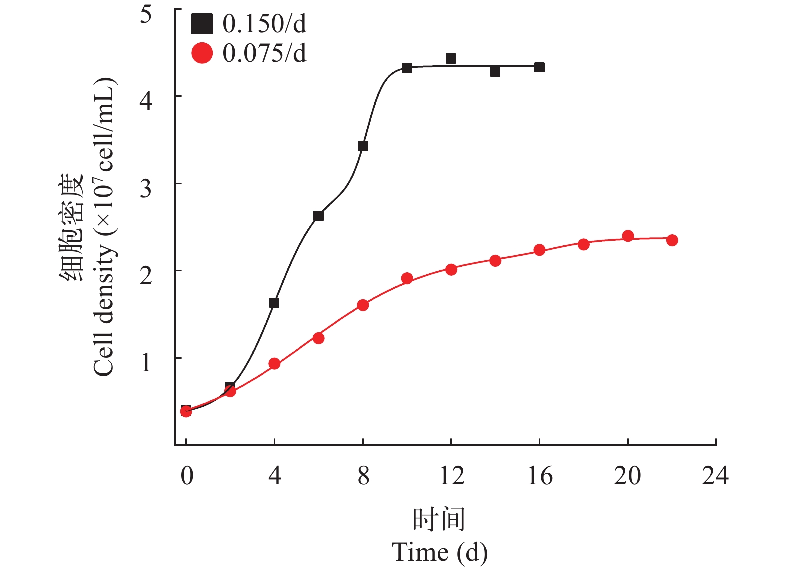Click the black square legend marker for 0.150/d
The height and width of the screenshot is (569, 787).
202,23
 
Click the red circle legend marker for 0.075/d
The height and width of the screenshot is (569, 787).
202,53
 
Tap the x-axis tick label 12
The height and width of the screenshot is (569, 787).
451,475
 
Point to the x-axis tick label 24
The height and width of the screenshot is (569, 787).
715,475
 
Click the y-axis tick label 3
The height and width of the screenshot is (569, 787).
146,188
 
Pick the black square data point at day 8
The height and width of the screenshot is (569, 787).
363,146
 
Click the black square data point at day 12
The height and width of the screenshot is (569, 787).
451,59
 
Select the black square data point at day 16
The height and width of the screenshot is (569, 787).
539,67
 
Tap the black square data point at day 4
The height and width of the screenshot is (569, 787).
274,303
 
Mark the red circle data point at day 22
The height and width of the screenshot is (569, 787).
672,240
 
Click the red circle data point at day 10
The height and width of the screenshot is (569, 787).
407,278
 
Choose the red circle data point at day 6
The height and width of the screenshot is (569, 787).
318,338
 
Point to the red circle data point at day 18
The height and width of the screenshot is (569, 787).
583,244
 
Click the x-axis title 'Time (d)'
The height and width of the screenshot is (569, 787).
440,552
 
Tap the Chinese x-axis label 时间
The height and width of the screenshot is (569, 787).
439,519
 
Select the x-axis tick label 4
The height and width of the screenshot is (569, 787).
275,475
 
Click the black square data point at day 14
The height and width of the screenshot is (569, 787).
495,71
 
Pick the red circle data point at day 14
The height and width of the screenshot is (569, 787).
495,261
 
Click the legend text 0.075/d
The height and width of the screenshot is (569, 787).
264,53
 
